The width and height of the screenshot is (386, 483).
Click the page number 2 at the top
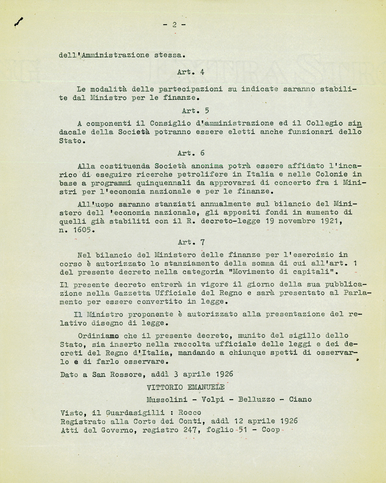tap(174, 25)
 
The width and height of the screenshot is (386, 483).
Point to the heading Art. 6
tap(191, 153)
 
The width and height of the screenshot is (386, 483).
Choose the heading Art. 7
tap(191, 242)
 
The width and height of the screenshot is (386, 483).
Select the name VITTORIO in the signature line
tap(164, 387)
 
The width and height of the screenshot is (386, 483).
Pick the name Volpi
tap(213, 400)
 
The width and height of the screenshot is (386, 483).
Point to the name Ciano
tap(300, 400)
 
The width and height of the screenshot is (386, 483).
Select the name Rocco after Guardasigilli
tap(190, 413)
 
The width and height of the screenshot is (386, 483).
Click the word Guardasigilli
tap(135, 413)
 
